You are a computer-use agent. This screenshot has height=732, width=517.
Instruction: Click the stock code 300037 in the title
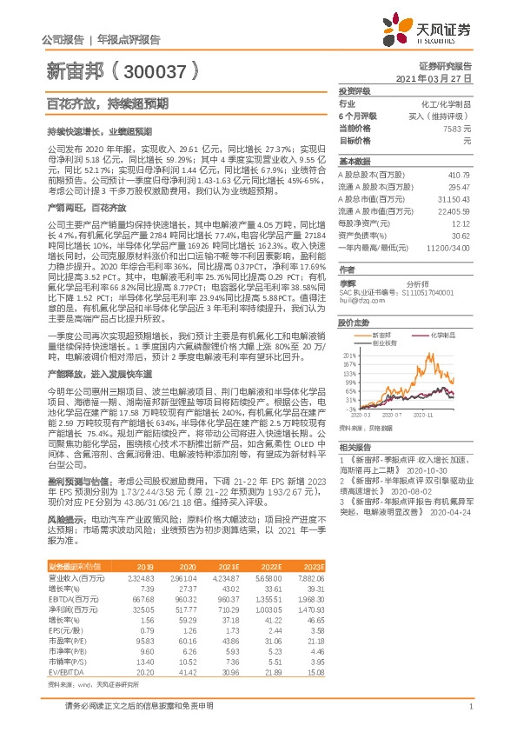(x=155, y=69)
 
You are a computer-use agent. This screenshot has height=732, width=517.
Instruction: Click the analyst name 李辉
(x=348, y=283)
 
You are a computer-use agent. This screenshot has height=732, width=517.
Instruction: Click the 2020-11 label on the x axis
(x=434, y=416)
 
